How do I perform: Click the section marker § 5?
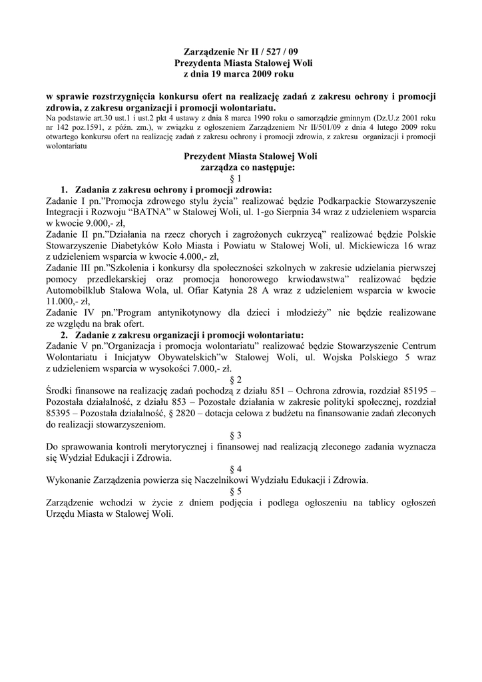coord(240,492)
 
